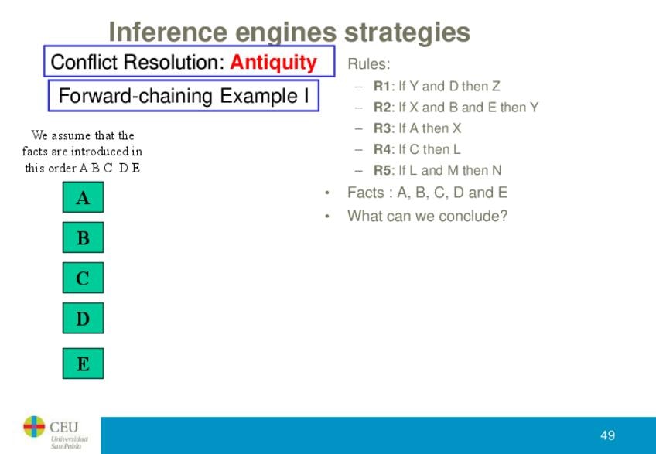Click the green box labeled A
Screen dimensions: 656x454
(83, 196)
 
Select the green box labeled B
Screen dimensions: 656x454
(83, 237)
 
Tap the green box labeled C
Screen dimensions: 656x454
(83, 278)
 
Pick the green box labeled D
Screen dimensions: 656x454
(83, 318)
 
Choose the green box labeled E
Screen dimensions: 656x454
(83, 364)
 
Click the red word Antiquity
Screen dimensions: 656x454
(273, 63)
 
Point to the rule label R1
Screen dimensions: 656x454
(381, 86)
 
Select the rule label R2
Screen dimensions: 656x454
(382, 107)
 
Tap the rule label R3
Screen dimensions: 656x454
(382, 128)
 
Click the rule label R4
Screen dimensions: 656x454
(382, 149)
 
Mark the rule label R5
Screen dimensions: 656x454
(382, 170)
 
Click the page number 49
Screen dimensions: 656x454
(607, 435)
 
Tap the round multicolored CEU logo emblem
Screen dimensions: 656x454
(34, 427)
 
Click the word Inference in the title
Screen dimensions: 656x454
(168, 32)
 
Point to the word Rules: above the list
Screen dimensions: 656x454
(368, 64)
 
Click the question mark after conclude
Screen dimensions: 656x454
(504, 216)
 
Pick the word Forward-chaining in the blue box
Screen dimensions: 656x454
(135, 96)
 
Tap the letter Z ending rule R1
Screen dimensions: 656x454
(496, 86)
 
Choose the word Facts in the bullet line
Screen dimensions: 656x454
(366, 193)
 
